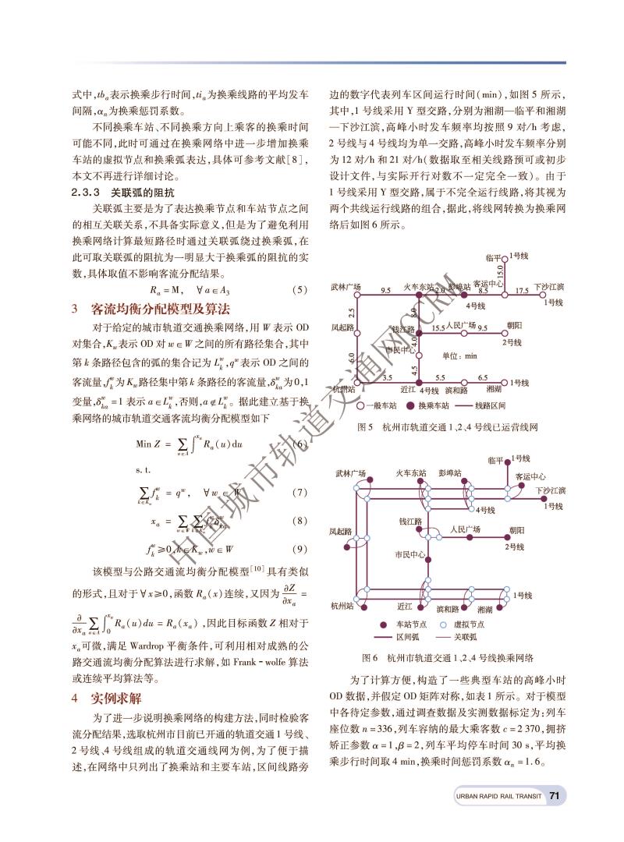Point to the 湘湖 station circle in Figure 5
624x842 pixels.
504,383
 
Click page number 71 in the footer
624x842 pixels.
554,796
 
